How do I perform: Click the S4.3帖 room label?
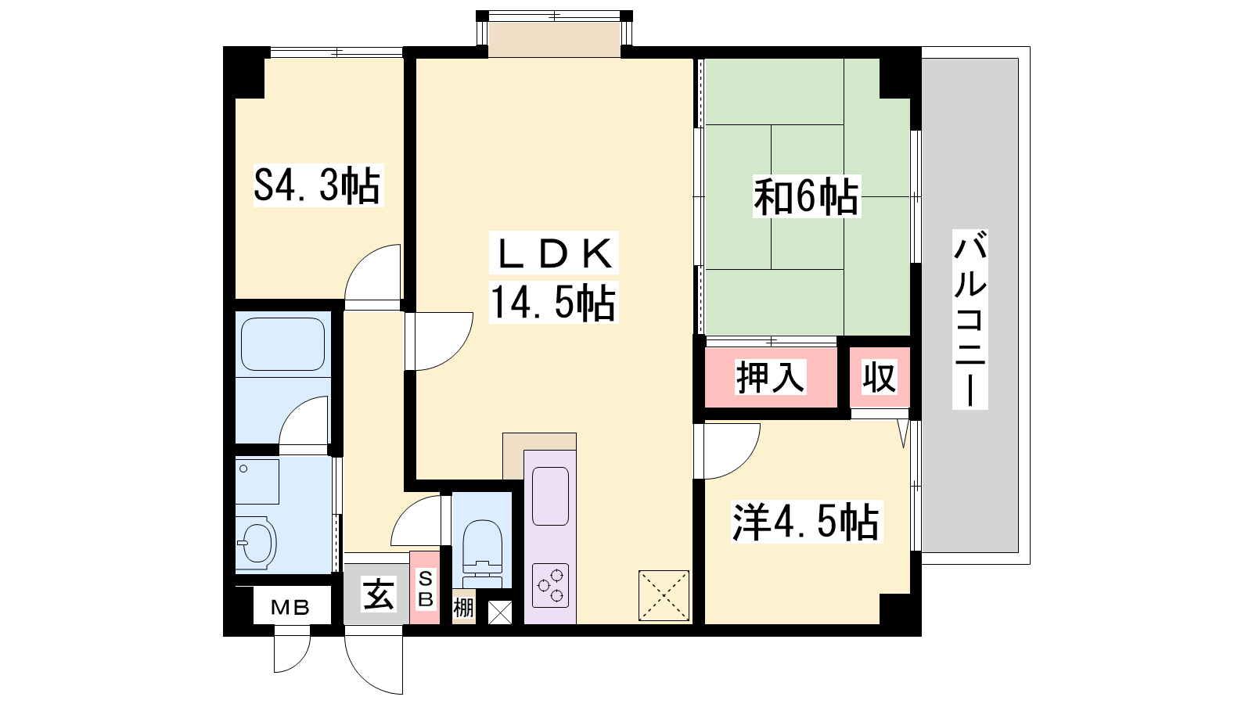coord(318,185)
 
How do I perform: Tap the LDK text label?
coord(553,253)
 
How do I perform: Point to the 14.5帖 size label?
coord(553,302)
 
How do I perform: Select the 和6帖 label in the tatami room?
coord(806,196)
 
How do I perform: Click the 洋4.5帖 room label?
coord(806,522)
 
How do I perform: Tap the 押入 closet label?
coord(770,376)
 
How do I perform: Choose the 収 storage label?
coord(880,377)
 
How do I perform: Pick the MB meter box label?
coord(290,607)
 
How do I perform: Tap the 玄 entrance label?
coord(379,594)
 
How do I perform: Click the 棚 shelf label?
coord(463,607)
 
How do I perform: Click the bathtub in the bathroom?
coord(282,344)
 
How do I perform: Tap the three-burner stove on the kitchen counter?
coord(551,586)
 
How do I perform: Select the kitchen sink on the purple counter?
coord(551,496)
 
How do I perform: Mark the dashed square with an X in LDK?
coord(664,595)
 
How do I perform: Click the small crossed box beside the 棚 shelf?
coord(500,612)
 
